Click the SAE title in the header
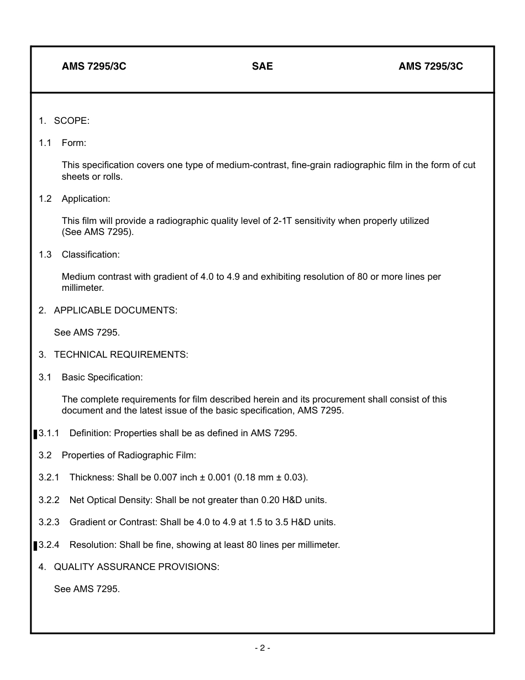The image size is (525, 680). click(262, 66)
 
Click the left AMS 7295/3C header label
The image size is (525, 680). click(94, 66)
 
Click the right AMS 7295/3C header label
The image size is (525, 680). click(431, 66)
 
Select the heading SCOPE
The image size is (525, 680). click(71, 121)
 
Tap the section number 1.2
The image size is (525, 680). click(45, 198)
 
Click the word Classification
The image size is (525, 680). click(90, 254)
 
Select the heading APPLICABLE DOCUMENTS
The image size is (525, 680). click(116, 310)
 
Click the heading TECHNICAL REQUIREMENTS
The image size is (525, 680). click(121, 354)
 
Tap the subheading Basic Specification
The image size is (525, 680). click(102, 377)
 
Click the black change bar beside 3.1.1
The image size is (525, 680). click(35, 434)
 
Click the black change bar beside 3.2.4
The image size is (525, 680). click(35, 546)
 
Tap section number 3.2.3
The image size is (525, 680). click(49, 522)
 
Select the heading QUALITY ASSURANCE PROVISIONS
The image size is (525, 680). click(136, 567)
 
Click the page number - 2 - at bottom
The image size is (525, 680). click(262, 648)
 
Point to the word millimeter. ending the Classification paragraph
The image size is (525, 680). click(83, 288)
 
